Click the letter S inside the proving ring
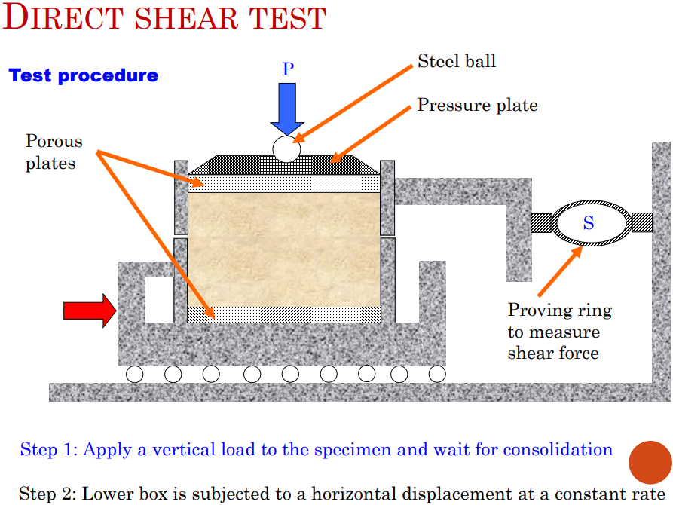coord(589,223)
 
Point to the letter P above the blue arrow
coord(288,69)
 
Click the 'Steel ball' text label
coord(457,61)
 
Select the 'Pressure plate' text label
coord(477,105)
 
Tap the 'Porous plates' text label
coord(54,152)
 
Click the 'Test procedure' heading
coord(84,75)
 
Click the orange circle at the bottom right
coord(649,462)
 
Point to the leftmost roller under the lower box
coord(135,374)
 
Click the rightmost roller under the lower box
coord(436,374)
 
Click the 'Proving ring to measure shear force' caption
coord(559,332)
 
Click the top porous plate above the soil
coord(283,182)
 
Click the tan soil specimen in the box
coord(283,249)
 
